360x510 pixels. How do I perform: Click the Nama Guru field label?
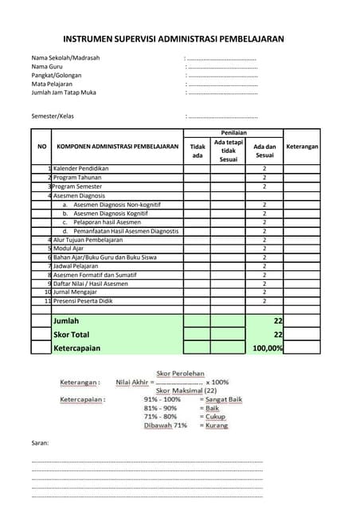pos(47,67)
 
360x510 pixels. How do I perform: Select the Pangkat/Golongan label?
pos(57,75)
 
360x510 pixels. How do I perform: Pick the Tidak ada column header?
pos(198,151)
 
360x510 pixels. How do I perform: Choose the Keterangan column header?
pos(302,147)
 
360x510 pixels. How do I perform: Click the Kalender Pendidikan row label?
pos(80,169)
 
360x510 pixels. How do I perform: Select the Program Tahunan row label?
pos(78,178)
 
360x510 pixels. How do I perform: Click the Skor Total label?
pos(71,335)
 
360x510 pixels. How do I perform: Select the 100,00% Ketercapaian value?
pos(268,348)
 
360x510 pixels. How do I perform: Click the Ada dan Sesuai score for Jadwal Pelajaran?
pos(264,266)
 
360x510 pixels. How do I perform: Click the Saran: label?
pos(40,442)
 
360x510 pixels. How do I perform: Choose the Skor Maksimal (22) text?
pos(186,390)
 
